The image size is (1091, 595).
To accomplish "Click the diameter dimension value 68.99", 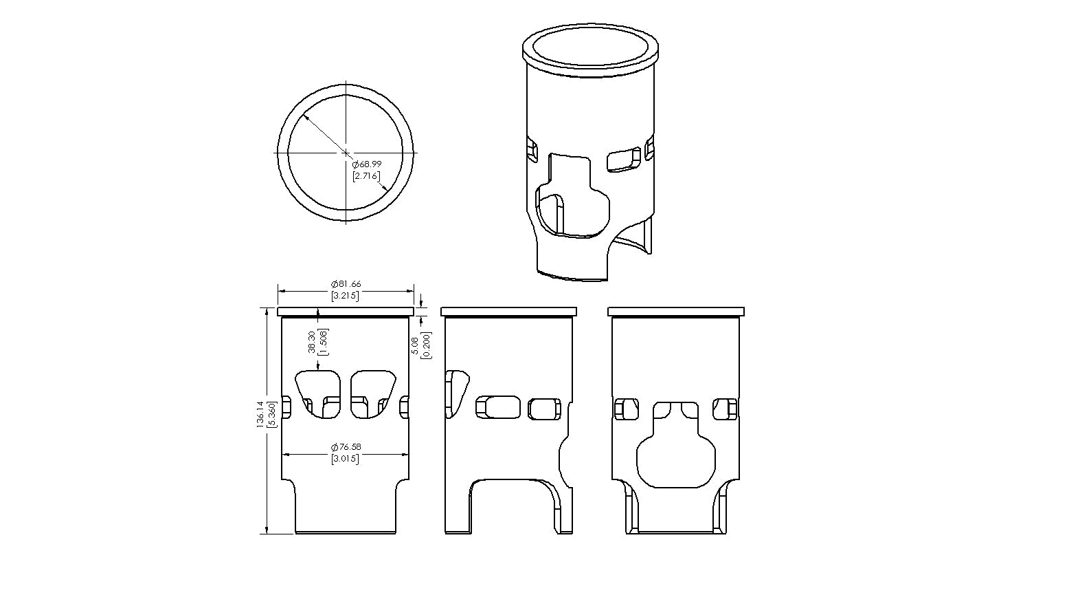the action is pos(367,164).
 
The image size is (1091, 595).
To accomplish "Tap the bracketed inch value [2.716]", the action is pos(366,175).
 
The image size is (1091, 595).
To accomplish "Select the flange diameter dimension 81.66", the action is pos(346,284).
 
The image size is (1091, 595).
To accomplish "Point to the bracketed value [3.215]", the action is pos(346,296).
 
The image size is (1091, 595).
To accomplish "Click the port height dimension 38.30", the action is pos(312,342).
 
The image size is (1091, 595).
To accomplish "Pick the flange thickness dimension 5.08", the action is pos(415,345).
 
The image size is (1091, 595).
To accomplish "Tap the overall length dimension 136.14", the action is pos(260,415).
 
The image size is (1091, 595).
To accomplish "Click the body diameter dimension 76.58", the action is pos(346,446).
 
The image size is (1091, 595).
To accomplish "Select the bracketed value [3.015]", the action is pos(346,459).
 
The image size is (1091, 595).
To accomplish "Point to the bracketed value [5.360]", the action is pos(272,415).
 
